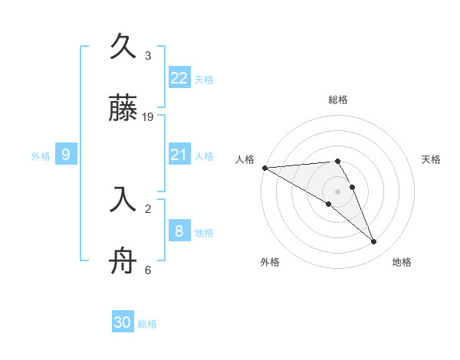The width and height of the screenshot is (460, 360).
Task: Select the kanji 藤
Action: click(123, 110)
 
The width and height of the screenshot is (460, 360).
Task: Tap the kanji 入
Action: click(123, 200)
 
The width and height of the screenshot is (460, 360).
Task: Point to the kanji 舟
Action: click(123, 263)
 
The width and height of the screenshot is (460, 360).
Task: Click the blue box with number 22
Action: click(179, 78)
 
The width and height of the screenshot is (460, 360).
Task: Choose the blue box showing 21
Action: click(179, 155)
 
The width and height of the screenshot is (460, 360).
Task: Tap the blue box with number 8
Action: click(179, 231)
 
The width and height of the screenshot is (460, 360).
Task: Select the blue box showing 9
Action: click(66, 155)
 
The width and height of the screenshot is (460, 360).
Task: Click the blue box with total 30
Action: click(123, 323)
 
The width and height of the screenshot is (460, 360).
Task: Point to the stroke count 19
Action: click(149, 117)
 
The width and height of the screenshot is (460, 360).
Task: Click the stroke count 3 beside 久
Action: click(148, 55)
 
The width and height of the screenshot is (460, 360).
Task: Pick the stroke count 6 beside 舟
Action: click(148, 270)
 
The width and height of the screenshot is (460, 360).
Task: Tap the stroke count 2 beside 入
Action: click(148, 208)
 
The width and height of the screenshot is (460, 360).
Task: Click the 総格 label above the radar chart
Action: click(338, 100)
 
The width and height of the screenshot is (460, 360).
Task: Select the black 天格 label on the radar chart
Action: click(431, 159)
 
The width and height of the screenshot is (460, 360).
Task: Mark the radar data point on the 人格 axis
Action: click(264, 167)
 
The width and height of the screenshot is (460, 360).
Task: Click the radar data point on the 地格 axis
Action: click(374, 242)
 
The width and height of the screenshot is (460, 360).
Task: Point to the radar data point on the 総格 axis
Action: click(337, 161)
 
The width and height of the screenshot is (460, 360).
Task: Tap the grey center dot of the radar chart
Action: click(337, 191)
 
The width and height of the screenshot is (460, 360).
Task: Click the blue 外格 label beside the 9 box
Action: click(41, 156)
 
